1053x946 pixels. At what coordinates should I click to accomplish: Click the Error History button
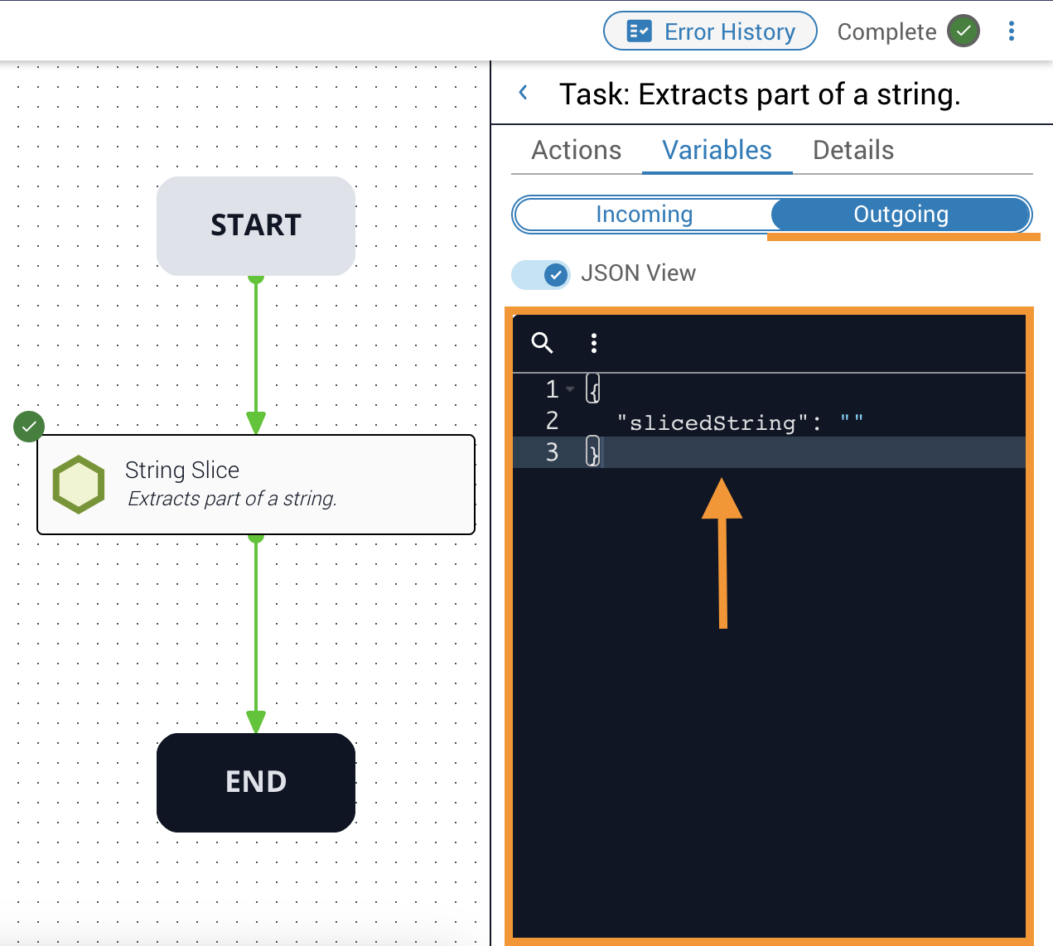710,31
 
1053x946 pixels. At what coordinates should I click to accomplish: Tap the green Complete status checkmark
963,31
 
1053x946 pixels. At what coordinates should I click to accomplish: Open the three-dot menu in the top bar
1011,31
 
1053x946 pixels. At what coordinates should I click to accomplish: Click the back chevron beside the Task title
524,93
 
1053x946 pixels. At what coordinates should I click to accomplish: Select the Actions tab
576,150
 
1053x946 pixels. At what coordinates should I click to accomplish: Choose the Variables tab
717,150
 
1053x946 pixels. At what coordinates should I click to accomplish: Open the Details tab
853,150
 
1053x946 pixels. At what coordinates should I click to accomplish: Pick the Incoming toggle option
644,215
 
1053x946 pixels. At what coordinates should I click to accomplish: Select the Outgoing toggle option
901,215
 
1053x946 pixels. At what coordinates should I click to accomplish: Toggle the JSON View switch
540,274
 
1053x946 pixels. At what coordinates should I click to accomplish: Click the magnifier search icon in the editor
542,343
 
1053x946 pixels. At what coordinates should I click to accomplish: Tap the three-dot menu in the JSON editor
593,343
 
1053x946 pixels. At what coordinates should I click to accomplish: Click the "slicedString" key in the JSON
712,422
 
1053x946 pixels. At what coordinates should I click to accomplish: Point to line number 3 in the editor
552,452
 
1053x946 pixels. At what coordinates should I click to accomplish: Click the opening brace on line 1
593,389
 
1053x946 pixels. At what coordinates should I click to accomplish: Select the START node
256,225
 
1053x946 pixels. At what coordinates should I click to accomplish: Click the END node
256,782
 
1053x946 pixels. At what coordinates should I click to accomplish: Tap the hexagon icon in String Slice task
79,485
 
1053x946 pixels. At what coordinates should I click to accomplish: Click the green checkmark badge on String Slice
29,427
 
